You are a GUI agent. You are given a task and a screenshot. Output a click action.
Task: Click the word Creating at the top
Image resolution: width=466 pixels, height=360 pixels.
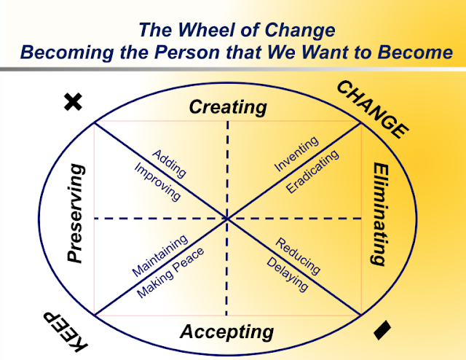click(x=228, y=107)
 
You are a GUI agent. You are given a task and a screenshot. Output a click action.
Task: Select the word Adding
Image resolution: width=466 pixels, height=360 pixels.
click(x=169, y=163)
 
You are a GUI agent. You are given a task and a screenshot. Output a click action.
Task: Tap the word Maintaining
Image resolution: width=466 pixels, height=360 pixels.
click(x=159, y=255)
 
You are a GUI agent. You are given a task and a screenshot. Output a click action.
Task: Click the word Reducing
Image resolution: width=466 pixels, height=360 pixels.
click(x=299, y=255)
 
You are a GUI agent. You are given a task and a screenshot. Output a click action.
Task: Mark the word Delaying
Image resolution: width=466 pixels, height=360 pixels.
click(x=287, y=274)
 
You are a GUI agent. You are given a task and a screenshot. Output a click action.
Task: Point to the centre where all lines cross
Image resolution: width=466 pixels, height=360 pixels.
click(x=227, y=218)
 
